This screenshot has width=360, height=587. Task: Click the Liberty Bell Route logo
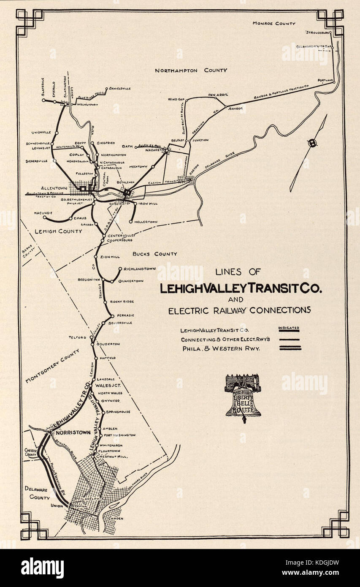[243, 396]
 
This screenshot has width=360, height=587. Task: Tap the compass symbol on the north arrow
[312, 143]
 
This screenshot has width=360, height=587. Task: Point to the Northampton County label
[191, 71]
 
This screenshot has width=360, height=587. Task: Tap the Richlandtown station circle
[121, 269]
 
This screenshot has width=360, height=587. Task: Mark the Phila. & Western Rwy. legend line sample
[289, 348]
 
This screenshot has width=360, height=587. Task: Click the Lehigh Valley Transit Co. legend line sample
[289, 331]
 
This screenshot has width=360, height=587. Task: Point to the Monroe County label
[274, 23]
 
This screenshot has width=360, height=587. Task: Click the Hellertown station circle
[131, 222]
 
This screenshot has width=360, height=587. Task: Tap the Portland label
[326, 80]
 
